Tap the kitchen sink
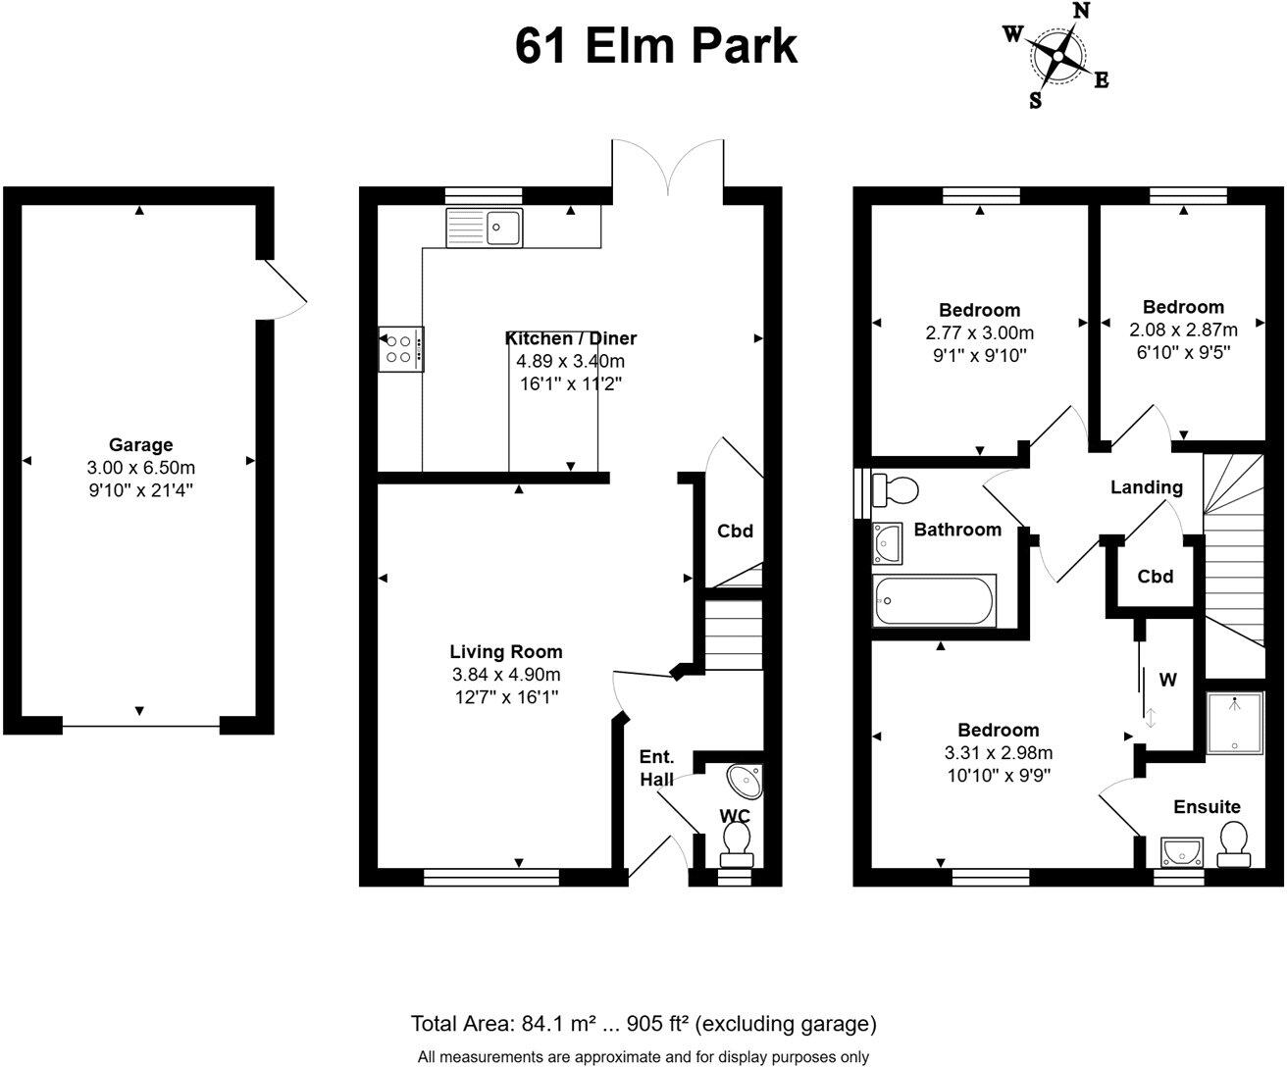pyautogui.click(x=485, y=228)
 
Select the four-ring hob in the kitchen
pyautogui.click(x=401, y=349)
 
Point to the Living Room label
pyautogui.click(x=506, y=651)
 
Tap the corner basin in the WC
pyautogui.click(x=745, y=782)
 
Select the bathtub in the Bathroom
pyautogui.click(x=934, y=600)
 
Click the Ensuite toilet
pyautogui.click(x=1234, y=844)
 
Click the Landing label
pyautogui.click(x=1146, y=487)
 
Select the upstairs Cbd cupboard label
pyautogui.click(x=1155, y=577)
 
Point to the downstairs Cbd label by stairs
pyautogui.click(x=735, y=532)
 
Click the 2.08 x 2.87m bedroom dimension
pyautogui.click(x=1183, y=329)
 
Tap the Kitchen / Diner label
pyautogui.click(x=570, y=338)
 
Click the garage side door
pyautogui.click(x=284, y=288)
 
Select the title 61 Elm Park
pyautogui.click(x=656, y=46)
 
